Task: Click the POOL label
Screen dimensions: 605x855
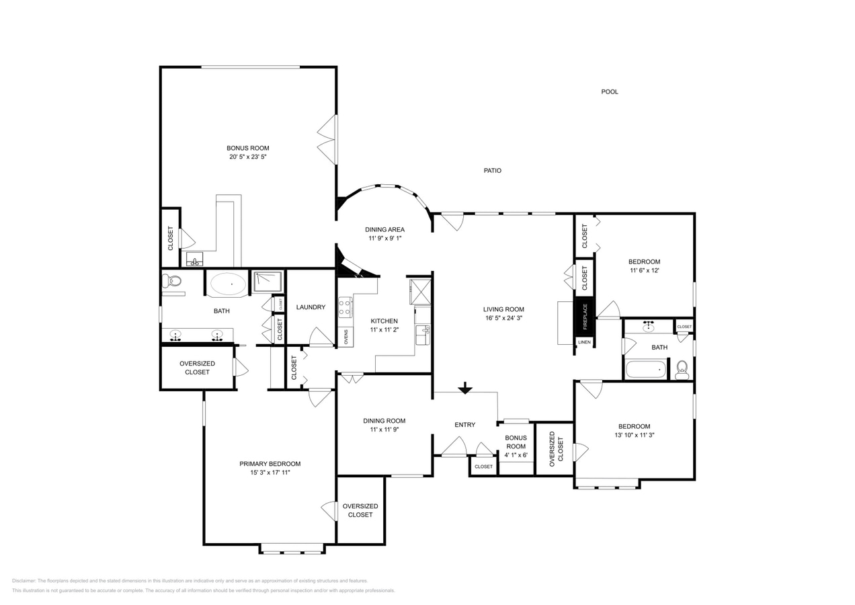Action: click(609, 91)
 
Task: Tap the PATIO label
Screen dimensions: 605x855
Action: click(492, 171)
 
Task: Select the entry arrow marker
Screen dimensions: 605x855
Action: click(464, 389)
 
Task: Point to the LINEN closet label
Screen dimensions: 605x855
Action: click(584, 342)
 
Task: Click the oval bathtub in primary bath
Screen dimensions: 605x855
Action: click(228, 284)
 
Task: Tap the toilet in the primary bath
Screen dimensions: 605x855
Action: click(172, 281)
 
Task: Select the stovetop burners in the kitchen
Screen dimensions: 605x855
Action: click(345, 308)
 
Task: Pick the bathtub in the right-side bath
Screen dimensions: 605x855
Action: click(645, 369)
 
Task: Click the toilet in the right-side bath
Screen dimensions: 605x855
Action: click(682, 368)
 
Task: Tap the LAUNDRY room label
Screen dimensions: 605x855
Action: click(311, 307)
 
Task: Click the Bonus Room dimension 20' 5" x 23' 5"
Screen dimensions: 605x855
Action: click(247, 157)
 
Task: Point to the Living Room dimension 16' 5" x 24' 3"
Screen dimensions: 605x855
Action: click(503, 318)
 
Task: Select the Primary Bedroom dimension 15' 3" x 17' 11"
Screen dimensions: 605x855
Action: click(270, 473)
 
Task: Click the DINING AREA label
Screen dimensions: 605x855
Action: click(384, 229)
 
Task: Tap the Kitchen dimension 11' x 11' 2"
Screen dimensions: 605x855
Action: click(384, 329)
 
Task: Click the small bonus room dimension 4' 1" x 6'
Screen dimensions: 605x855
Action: click(516, 455)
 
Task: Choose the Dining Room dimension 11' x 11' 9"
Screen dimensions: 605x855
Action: click(384, 430)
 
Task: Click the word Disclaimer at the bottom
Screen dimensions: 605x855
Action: click(24, 581)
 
